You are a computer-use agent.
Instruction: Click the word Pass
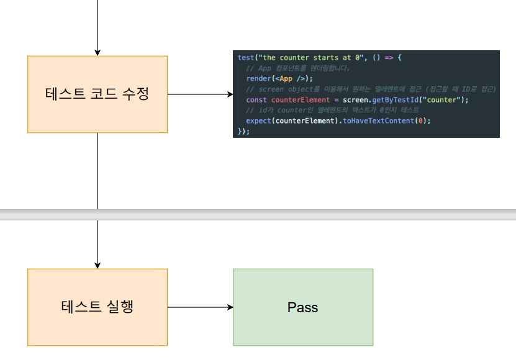point(303,307)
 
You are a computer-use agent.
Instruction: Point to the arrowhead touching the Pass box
point(230,307)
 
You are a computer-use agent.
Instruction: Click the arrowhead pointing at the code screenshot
point(229,94)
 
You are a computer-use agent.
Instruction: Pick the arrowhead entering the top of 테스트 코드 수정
point(97,52)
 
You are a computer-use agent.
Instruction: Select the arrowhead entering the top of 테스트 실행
point(97,265)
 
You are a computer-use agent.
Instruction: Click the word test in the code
point(245,58)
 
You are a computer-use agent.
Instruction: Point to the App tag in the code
point(286,79)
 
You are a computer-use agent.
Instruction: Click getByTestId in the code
point(397,100)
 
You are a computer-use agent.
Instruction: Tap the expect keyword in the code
point(258,120)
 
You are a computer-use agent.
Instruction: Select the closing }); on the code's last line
point(243,131)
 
